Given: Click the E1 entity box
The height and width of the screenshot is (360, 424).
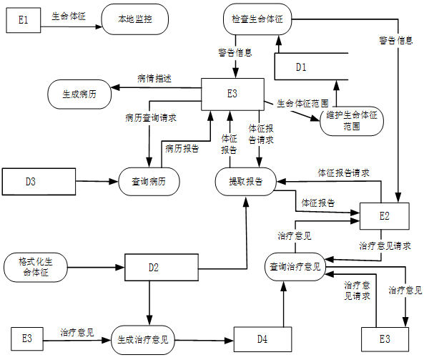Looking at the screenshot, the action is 24,20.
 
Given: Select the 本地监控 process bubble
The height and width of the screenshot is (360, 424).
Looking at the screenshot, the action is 135,19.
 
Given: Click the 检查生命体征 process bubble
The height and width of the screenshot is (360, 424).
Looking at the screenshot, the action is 257,19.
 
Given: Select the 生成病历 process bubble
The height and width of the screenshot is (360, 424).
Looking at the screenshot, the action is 79,94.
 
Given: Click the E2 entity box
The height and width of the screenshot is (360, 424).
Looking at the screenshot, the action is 384,216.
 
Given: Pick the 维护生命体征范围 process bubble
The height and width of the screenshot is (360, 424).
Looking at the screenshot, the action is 352,121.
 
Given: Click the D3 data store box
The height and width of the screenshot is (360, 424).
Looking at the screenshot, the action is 39,181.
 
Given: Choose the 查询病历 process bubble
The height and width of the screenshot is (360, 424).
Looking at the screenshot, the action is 149,181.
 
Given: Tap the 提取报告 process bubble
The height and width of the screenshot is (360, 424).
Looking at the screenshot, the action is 245,181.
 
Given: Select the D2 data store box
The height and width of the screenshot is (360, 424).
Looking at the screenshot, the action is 162,267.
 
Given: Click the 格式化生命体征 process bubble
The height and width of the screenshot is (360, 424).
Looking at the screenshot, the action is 36,267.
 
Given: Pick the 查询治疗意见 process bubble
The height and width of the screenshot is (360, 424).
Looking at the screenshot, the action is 295,267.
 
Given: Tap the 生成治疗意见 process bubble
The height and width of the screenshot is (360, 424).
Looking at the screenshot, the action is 143,340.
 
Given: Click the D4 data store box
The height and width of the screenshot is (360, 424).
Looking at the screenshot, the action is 262,339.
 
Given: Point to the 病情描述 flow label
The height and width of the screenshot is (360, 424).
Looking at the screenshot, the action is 154,79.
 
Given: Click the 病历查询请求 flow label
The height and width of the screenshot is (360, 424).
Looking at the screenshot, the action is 151,118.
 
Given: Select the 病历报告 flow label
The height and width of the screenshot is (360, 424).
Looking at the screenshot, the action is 182,148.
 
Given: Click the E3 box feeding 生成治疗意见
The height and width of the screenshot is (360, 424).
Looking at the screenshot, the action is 27,339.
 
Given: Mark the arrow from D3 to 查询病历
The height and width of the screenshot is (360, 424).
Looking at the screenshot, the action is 97,181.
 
